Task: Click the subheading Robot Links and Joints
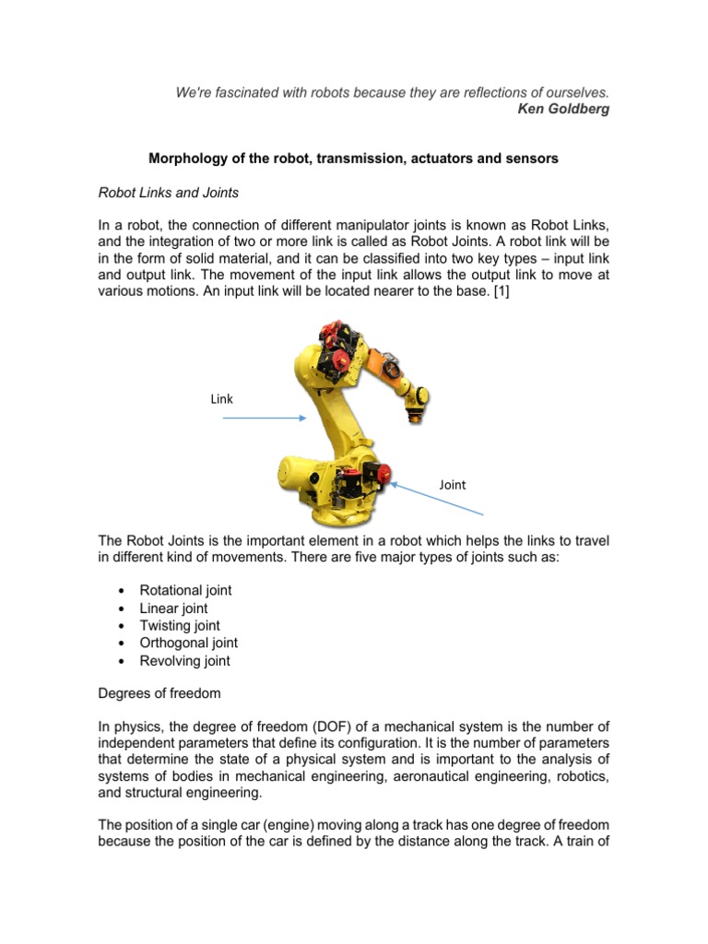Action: (x=170, y=192)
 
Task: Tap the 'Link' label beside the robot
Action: (x=222, y=399)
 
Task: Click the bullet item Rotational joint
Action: (x=185, y=590)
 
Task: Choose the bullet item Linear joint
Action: (x=173, y=608)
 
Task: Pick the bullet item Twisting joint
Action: (x=180, y=625)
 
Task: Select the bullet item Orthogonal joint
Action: (x=188, y=643)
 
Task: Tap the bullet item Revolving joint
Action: (x=184, y=660)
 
